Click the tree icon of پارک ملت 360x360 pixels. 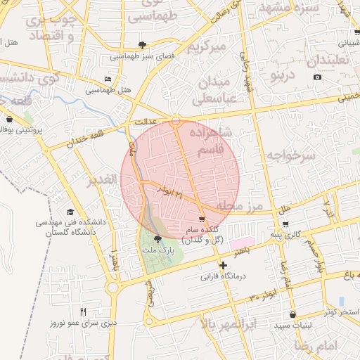[x=157, y=240]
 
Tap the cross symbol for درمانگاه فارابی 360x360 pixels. [x=224, y=265]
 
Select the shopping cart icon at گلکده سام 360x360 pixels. [x=202, y=219]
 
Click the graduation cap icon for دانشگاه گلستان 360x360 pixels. [x=70, y=212]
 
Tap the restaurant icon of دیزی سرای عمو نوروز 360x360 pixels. [x=83, y=311]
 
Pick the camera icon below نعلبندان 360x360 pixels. [x=318, y=77]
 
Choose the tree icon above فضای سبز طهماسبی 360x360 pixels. [x=144, y=44]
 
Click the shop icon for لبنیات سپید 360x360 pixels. [x=292, y=314]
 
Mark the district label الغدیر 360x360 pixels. [x=101, y=181]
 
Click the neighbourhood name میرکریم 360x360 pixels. [x=207, y=47]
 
